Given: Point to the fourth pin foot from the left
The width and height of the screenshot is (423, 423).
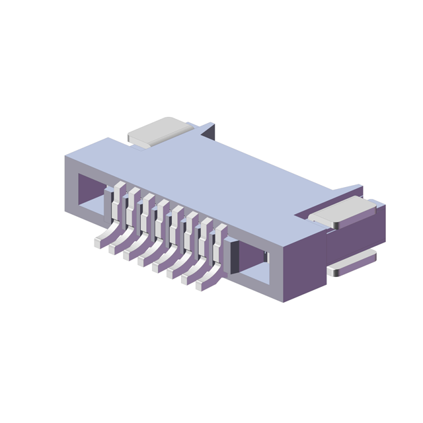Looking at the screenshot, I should (x=143, y=261).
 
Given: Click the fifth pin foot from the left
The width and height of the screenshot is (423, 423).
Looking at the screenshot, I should (x=157, y=267).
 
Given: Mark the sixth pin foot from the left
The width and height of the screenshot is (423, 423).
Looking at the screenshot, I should (x=172, y=273).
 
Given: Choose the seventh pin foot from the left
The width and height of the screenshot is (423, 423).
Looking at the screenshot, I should (x=186, y=279).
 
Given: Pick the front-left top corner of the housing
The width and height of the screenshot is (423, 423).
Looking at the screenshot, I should (x=65, y=157).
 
